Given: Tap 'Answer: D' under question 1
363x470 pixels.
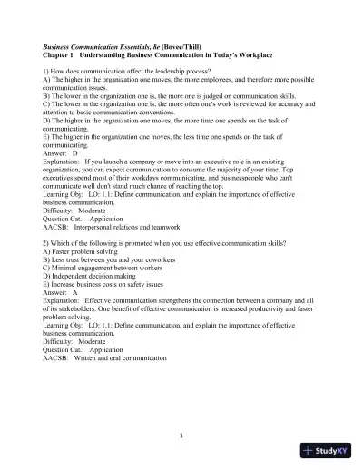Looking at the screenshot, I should coord(61,154).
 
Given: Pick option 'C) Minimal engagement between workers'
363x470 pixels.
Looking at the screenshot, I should coord(103,273).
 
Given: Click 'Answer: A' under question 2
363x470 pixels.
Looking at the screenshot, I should coord(61,301).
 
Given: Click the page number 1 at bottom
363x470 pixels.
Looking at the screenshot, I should coord(181,434).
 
